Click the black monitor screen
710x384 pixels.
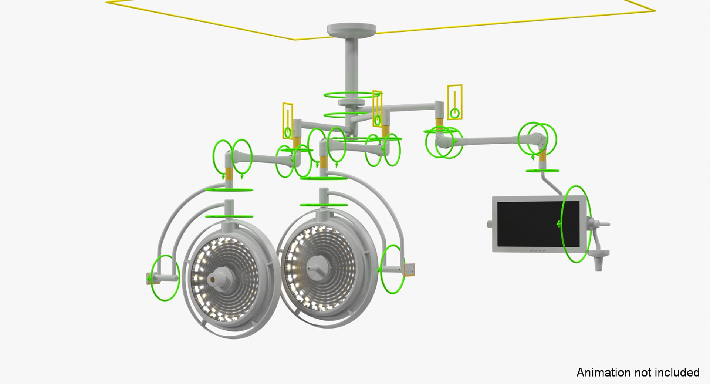538,224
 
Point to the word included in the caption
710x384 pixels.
678,372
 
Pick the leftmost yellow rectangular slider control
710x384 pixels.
288,121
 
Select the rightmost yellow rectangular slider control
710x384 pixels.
454,102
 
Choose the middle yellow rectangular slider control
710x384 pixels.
377,109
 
